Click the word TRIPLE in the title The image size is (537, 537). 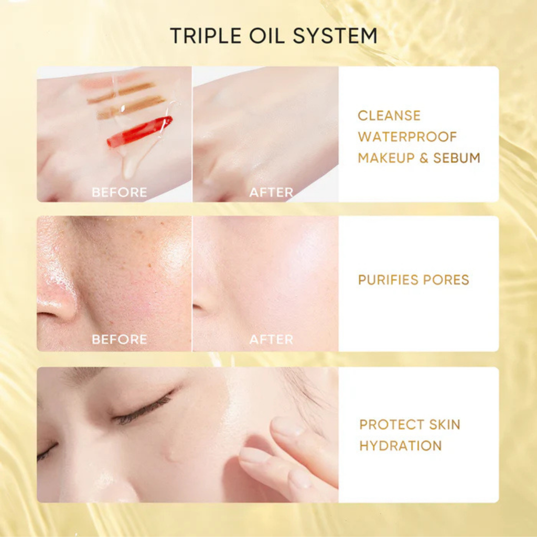206,36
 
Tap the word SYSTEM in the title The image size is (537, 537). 335,36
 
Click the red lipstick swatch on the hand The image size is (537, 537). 139,131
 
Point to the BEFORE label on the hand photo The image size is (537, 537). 120,192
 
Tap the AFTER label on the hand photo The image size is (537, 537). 271,192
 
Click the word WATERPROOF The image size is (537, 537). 407,137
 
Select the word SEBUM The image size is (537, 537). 457,158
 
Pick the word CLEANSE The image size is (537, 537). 389,116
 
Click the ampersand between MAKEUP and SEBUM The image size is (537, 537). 424,158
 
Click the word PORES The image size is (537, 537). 446,280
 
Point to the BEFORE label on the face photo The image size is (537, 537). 120,339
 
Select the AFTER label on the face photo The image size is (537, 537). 271,339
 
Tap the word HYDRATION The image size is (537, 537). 401,446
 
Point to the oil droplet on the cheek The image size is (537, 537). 170,455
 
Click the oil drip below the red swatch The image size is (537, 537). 130,166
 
